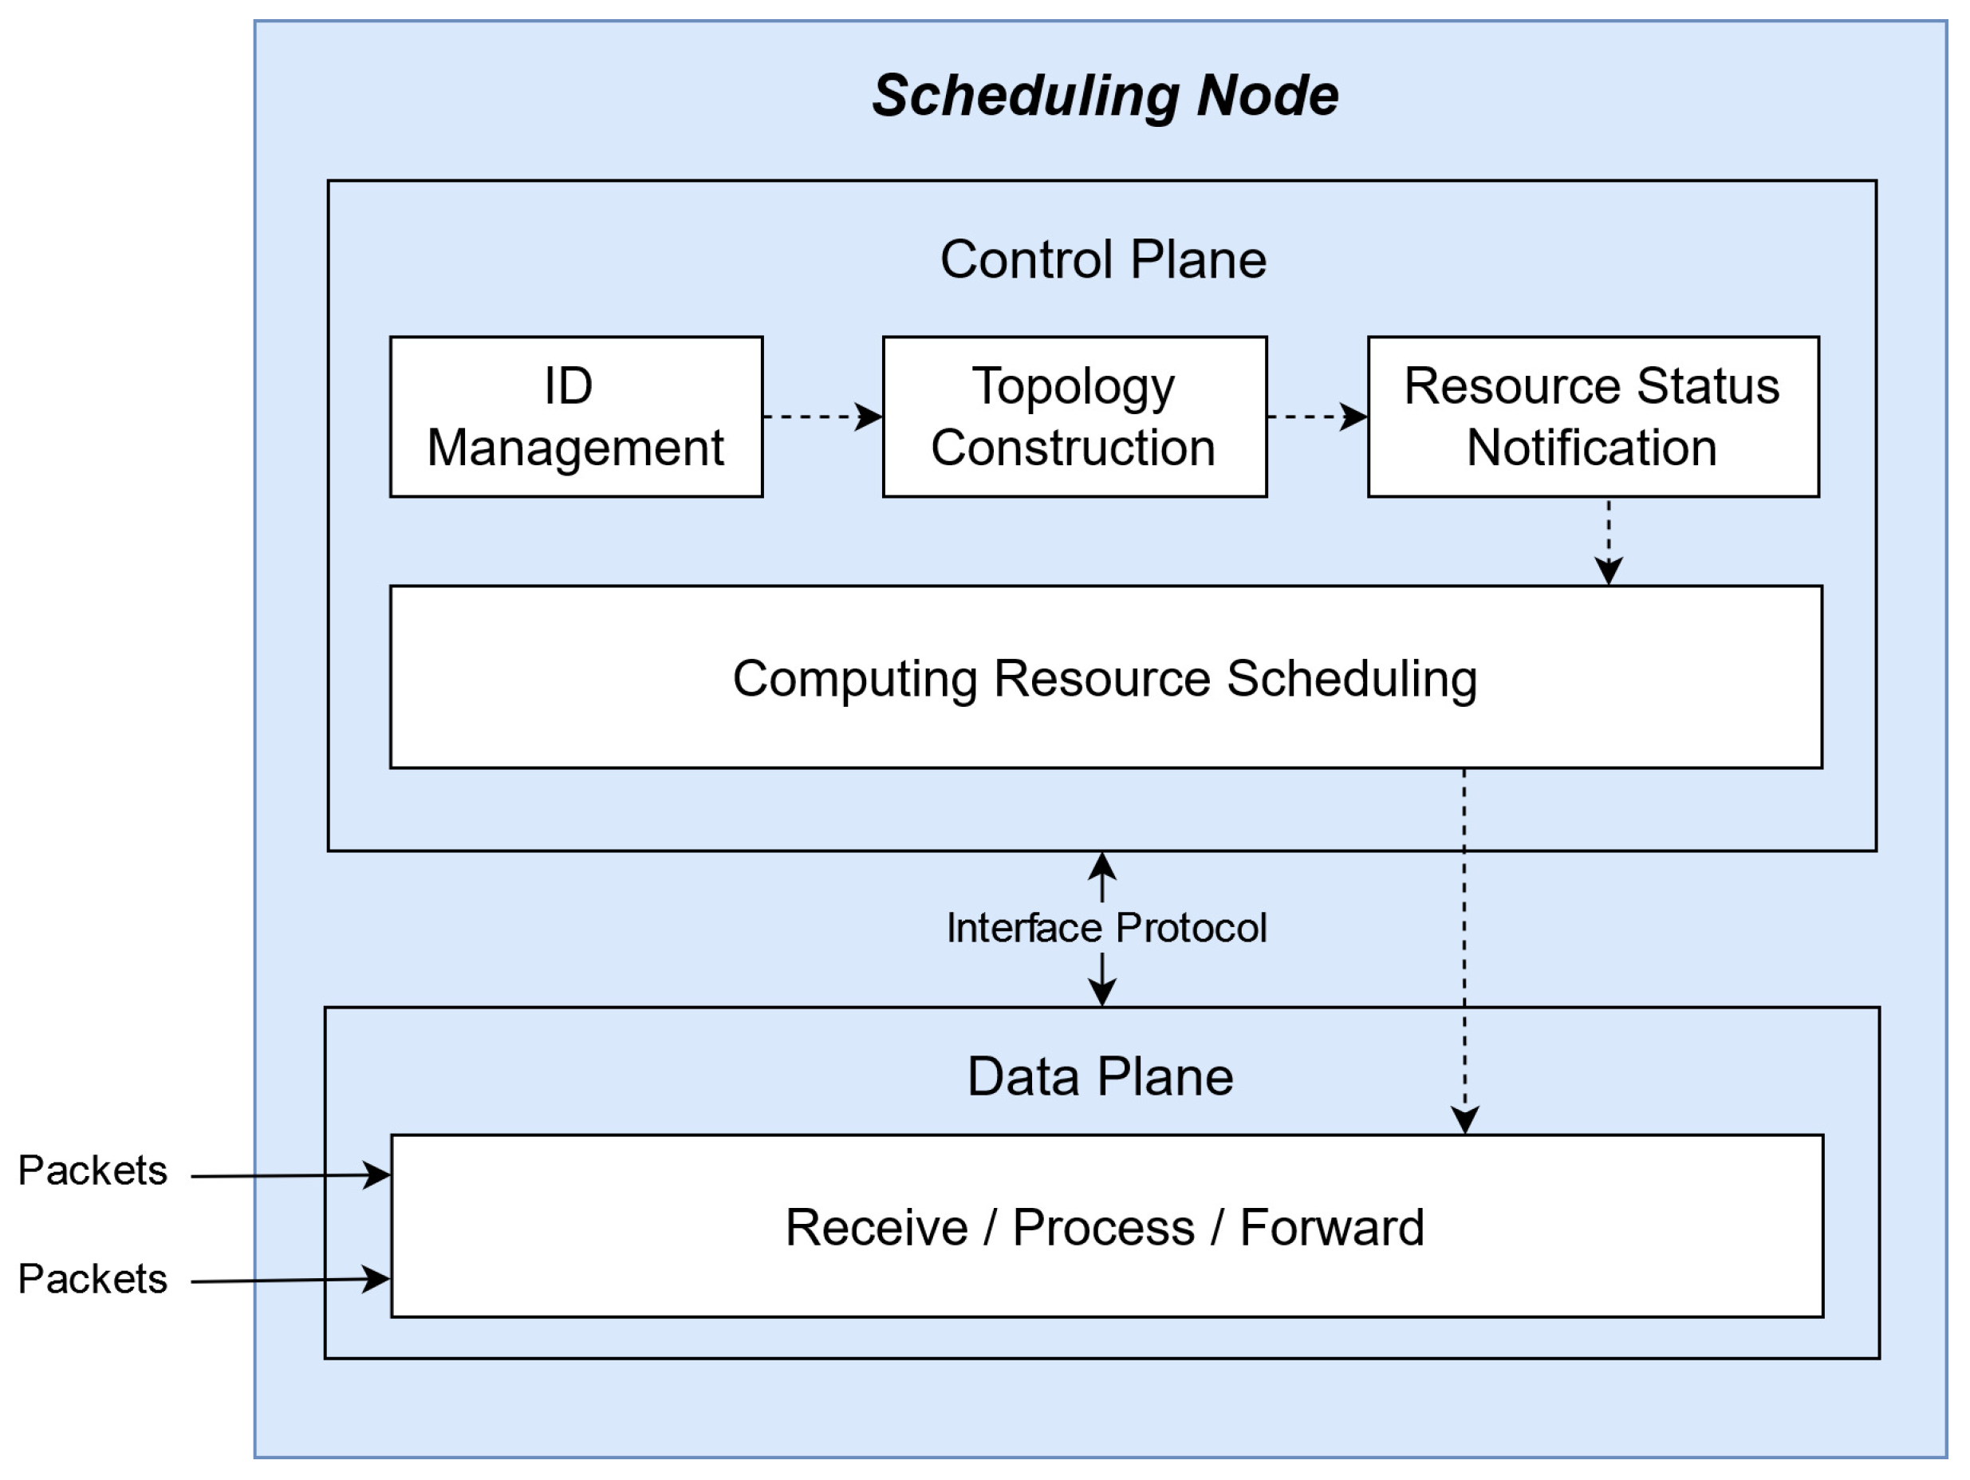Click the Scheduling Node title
tap(1105, 95)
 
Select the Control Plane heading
tap(1102, 259)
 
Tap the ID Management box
tap(575, 416)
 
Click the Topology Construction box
tap(1074, 416)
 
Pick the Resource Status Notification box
tap(1593, 416)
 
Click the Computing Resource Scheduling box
tap(1105, 678)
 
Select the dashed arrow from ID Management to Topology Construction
tap(821, 416)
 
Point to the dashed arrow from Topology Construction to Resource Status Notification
tap(1316, 416)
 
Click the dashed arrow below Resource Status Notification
tap(1609, 540)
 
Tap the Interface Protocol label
tap(1105, 928)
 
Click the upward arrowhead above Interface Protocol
tap(1102, 866)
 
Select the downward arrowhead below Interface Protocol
tap(1102, 992)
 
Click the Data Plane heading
tap(1100, 1076)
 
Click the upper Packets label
tap(93, 1170)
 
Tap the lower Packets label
tap(93, 1279)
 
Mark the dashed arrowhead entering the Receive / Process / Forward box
tap(1465, 1119)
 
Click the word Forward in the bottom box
tap(1331, 1228)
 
